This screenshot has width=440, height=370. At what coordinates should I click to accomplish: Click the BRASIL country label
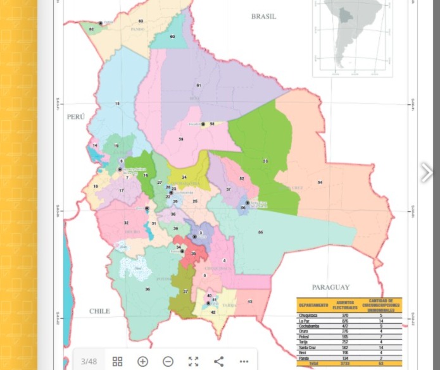point(263,16)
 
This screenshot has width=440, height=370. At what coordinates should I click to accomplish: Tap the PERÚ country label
point(75,116)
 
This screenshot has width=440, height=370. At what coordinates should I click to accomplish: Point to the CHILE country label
point(99,311)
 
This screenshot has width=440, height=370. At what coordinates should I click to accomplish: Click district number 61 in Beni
point(198,85)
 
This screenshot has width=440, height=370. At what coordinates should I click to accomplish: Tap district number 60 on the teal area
point(172,37)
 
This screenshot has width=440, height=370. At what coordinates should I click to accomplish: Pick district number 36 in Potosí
point(148,289)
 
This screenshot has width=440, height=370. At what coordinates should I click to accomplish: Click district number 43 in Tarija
point(250,302)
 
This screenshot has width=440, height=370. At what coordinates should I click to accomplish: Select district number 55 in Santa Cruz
point(260,232)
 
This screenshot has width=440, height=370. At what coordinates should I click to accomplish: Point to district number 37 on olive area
point(185,291)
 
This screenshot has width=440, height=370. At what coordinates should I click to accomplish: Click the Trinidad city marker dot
point(203,124)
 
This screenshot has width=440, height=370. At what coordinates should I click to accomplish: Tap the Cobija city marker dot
point(101,23)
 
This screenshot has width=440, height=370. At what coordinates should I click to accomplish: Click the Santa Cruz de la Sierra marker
point(247,203)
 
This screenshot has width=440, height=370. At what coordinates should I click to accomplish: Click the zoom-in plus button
point(142,361)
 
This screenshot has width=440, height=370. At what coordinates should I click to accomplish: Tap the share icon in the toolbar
point(218,361)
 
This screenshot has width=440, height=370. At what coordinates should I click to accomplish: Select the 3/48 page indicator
point(89,361)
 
